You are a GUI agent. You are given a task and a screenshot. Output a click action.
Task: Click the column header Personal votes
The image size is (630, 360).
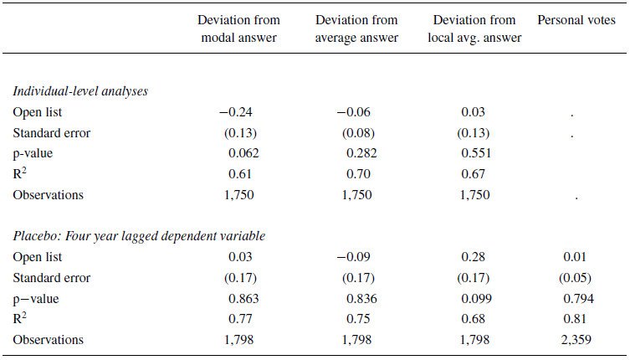576,20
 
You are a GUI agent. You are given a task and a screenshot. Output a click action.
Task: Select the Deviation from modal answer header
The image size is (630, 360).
238,28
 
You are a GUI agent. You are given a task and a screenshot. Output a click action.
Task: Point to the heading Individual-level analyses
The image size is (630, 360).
80,91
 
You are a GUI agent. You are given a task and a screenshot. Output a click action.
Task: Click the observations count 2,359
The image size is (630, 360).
576,339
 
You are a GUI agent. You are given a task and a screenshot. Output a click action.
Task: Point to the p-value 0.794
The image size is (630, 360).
576,298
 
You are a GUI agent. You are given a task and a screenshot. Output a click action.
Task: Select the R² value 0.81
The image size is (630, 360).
576,319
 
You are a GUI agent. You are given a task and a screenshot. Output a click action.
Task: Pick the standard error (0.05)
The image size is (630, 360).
576,277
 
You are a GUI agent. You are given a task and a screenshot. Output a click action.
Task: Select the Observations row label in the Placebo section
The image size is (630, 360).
49,339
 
